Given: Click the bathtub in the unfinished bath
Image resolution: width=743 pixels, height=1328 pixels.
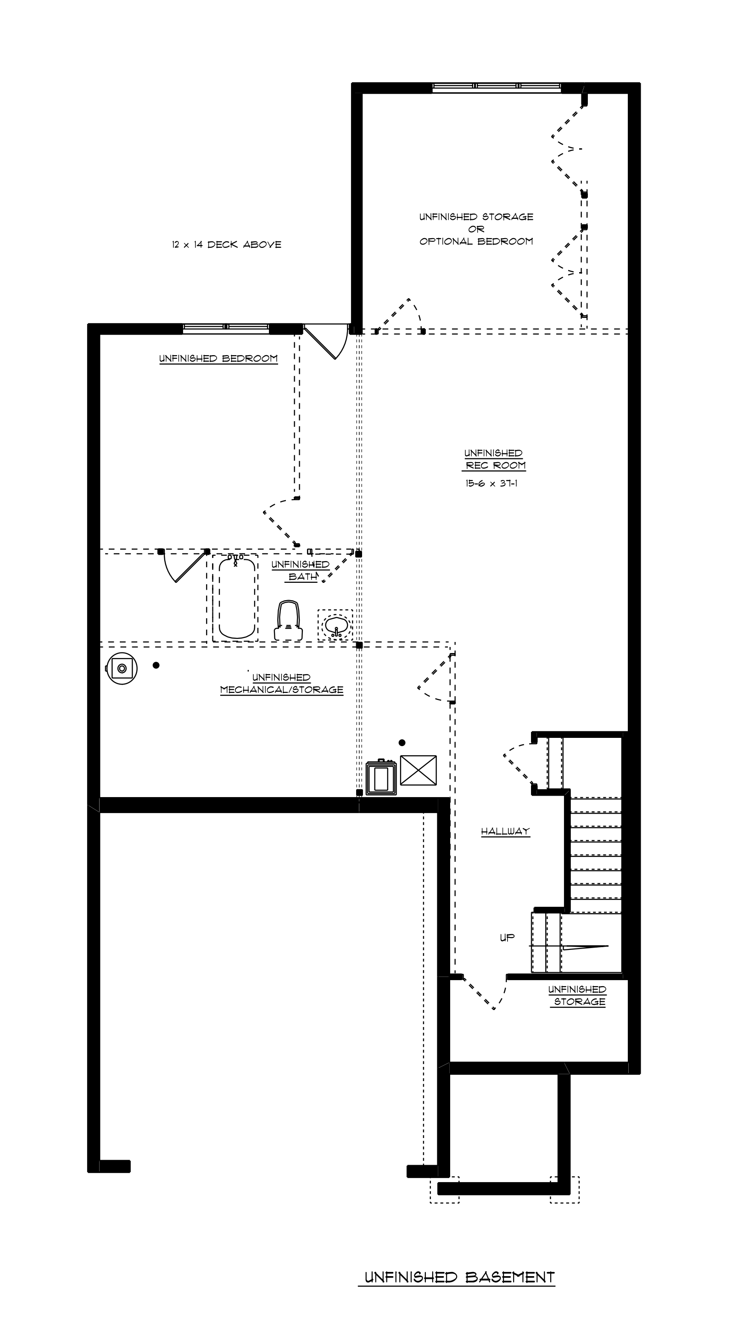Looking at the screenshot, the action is (x=237, y=597).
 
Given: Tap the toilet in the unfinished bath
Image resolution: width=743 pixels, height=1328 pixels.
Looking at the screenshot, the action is (x=288, y=621).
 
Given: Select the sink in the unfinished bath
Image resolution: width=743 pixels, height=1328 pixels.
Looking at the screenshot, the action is (x=335, y=626).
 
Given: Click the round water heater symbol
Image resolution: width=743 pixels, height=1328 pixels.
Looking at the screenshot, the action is (x=122, y=669).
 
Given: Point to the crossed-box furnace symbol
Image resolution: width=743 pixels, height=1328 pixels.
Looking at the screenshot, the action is (x=418, y=770).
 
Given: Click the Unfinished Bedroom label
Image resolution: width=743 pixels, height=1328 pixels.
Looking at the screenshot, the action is (x=218, y=359).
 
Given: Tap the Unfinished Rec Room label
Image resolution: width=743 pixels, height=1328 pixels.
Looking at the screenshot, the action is (x=494, y=459).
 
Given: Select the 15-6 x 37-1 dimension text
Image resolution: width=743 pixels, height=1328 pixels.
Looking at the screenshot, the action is (x=492, y=484).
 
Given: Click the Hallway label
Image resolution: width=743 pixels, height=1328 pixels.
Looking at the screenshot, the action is (x=505, y=831).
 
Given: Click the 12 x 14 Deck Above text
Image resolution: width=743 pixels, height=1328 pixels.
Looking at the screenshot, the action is (x=227, y=245).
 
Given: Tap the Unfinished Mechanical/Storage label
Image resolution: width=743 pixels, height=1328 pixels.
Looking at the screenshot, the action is (x=281, y=684).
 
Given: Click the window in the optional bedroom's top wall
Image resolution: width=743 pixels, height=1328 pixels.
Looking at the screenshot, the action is (x=497, y=87).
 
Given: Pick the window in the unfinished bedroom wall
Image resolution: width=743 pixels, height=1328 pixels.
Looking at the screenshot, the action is (x=226, y=329).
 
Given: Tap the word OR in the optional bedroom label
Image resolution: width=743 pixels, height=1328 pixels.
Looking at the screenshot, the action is (x=476, y=229).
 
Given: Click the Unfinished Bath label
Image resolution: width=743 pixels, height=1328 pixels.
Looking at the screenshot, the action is (x=301, y=571).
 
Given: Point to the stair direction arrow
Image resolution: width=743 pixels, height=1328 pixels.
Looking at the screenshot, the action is (x=585, y=947).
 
